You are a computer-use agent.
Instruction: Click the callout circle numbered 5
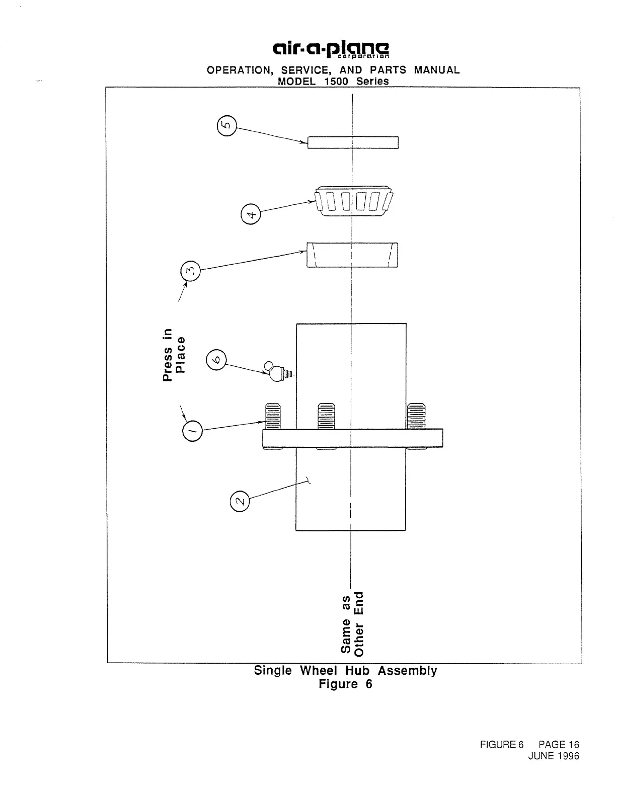click(x=227, y=126)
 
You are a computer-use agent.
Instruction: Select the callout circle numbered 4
click(x=251, y=214)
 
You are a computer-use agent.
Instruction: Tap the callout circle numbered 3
click(x=190, y=271)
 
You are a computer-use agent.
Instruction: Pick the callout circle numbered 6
click(x=216, y=360)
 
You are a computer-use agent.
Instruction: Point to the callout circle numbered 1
click(x=192, y=431)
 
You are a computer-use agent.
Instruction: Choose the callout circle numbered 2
click(x=240, y=501)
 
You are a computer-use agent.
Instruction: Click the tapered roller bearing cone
click(x=354, y=201)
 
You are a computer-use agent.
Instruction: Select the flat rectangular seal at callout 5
click(x=353, y=142)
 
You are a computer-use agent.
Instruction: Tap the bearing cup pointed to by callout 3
click(x=352, y=255)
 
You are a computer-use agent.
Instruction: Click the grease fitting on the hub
click(x=278, y=372)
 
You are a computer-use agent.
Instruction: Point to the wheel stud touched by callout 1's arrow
click(x=273, y=416)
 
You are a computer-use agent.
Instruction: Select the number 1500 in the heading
click(x=336, y=81)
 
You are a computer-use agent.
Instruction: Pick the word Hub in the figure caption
click(x=357, y=671)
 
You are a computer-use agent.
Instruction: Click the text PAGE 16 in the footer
click(x=559, y=745)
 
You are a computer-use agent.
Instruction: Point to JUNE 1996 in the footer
click(x=554, y=756)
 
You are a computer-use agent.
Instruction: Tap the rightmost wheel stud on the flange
click(x=416, y=416)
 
